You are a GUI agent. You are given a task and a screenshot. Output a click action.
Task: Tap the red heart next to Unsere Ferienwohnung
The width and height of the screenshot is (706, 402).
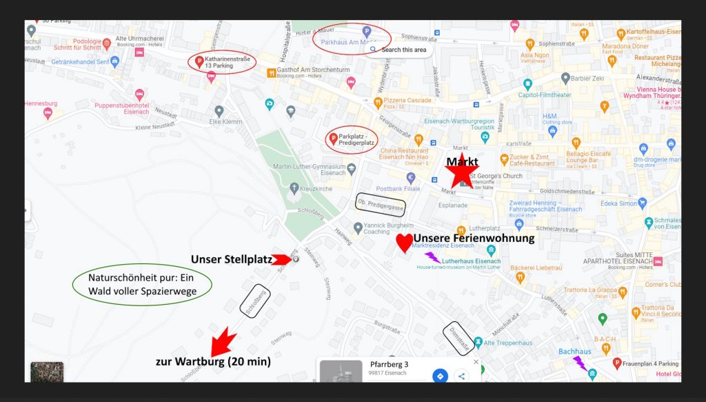pyautogui.click(x=405, y=243)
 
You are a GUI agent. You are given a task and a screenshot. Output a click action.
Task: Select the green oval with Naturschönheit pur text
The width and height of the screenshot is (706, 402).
pyautogui.click(x=142, y=285)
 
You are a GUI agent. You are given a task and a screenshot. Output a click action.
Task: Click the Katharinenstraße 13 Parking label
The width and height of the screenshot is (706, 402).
pyautogui.click(x=222, y=63)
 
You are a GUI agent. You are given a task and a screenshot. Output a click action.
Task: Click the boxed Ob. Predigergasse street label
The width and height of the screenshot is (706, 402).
pyautogui.click(x=380, y=203)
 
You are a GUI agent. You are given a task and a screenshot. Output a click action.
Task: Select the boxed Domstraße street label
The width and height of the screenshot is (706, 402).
pyautogui.click(x=457, y=338)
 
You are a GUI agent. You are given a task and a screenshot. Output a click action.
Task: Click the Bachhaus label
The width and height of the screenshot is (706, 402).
pyautogui.click(x=574, y=352)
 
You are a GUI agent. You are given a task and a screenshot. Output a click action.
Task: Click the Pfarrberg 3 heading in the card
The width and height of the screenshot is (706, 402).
pyautogui.click(x=389, y=364)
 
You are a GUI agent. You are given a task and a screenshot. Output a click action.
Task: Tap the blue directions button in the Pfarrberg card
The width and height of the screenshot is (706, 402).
pyautogui.click(x=440, y=376)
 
